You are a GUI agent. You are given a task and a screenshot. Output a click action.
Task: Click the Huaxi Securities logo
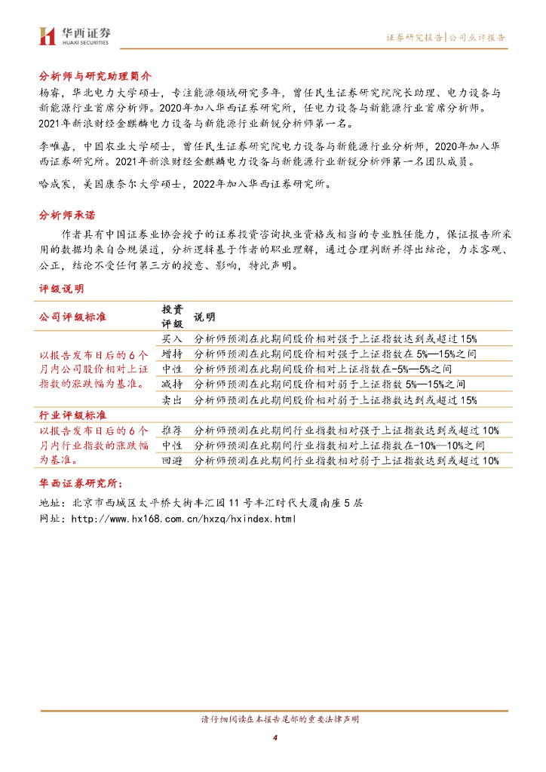74,35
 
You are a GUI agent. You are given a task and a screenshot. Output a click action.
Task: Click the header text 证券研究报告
414,37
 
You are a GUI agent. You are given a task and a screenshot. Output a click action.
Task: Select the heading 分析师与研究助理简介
95,77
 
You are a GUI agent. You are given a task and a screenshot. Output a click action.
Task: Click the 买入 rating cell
172,339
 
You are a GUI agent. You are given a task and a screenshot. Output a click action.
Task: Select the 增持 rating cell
172,354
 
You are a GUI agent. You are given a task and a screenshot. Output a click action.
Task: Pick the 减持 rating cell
172,384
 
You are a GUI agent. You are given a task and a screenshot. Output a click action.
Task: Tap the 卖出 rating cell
172,400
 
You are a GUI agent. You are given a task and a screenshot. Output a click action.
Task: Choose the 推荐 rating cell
172,430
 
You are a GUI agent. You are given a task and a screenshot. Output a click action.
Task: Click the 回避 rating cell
172,461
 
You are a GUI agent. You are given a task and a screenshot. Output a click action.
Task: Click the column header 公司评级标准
73,317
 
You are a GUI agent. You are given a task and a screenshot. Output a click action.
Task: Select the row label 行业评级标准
73,415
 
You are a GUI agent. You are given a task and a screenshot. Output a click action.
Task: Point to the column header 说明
204,317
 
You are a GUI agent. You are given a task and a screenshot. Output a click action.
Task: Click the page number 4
275,737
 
